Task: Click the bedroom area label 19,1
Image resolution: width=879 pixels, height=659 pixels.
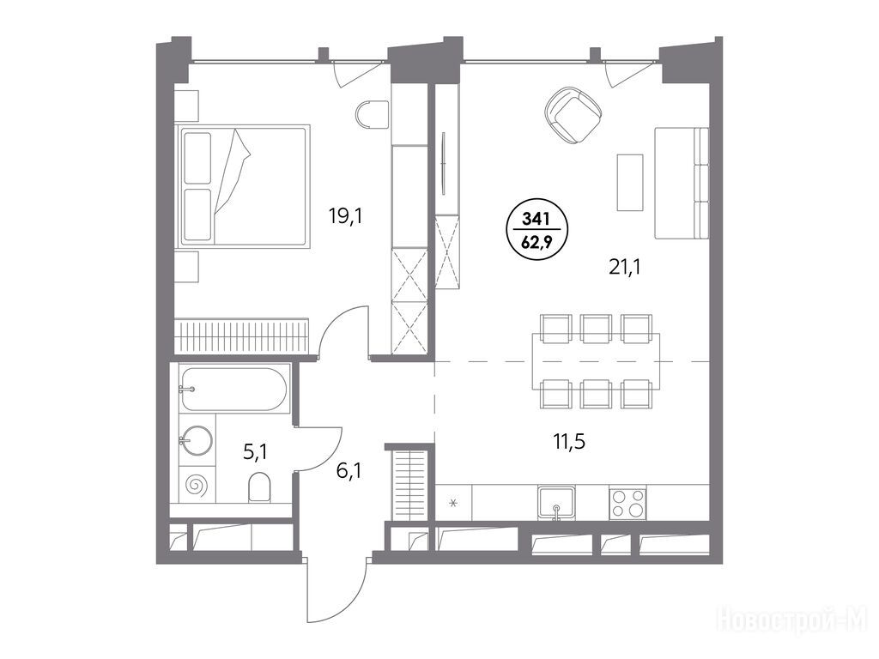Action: [x=345, y=215]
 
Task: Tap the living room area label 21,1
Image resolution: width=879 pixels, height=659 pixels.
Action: [x=625, y=267]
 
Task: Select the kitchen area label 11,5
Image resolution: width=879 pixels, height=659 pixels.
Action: [x=570, y=442]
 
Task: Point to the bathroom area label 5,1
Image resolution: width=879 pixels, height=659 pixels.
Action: [x=254, y=452]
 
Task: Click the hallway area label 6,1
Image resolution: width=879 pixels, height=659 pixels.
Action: [x=349, y=470]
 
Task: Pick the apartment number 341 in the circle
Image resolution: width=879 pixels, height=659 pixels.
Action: [x=536, y=219]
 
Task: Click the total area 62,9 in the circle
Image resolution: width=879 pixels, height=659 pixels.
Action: [x=536, y=241]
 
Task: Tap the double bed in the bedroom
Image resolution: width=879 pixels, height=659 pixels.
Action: [x=243, y=185]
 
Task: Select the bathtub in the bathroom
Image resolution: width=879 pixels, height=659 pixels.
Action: [x=233, y=389]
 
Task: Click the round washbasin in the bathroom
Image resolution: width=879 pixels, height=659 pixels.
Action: [x=197, y=440]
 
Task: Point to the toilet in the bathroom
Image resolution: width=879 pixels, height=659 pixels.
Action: [x=259, y=487]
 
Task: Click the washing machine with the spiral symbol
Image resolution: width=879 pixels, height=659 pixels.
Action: [x=197, y=484]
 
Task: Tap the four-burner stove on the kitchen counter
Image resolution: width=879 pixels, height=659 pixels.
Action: [x=627, y=503]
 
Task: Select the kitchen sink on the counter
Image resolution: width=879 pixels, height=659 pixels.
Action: [x=555, y=503]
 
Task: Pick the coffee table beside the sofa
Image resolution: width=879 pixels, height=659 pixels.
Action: [x=630, y=182]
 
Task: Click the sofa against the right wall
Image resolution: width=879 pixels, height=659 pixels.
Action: [x=682, y=183]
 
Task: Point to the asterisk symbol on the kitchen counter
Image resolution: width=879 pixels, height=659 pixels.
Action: [x=454, y=503]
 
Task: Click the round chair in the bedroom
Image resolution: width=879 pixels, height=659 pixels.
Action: [x=373, y=115]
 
